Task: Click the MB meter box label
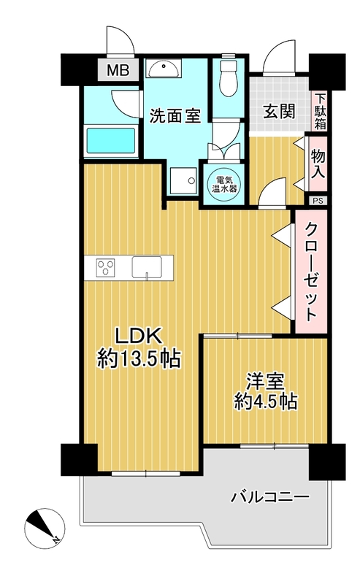tap(118, 70)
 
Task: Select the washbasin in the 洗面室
tap(164, 69)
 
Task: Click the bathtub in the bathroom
tap(111, 140)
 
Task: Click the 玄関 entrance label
tap(280, 112)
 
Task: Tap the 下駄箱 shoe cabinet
tap(320, 112)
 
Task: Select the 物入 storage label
tap(318, 164)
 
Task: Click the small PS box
tap(318, 201)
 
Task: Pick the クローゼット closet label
tap(310, 272)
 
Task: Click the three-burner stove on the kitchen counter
tap(106, 268)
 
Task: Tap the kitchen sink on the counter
tap(147, 267)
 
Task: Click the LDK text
tap(138, 336)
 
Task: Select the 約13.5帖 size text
tap(139, 359)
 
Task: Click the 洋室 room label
tap(265, 381)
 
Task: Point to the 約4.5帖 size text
tap(266, 401)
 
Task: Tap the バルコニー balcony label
tap(270, 497)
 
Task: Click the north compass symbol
tap(45, 528)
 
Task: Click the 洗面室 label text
tap(175, 116)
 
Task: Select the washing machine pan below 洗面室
tap(183, 180)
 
